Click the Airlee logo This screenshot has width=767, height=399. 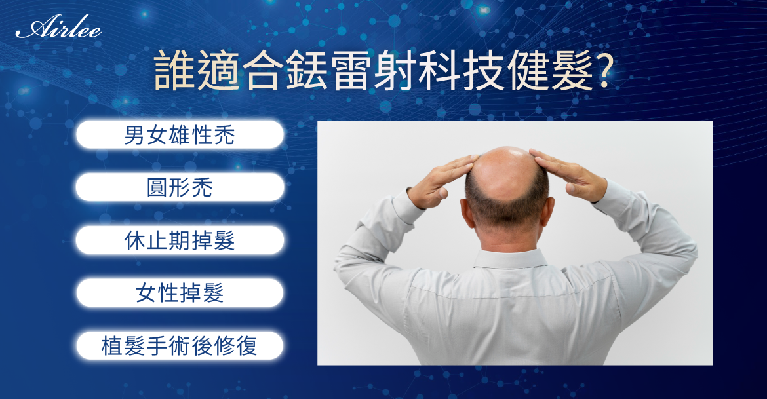tap(58, 29)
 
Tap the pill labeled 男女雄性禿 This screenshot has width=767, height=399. tap(180, 135)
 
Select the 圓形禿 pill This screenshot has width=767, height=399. tap(180, 187)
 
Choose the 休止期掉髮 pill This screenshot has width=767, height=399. tap(180, 240)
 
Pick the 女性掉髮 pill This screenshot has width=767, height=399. tap(180, 293)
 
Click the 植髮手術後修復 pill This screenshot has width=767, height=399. tap(180, 346)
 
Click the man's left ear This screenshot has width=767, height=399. tap(467, 212)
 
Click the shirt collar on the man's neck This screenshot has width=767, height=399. tap(509, 258)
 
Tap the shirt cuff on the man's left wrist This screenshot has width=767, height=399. tap(406, 205)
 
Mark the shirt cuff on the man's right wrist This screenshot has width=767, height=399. tap(614, 195)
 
